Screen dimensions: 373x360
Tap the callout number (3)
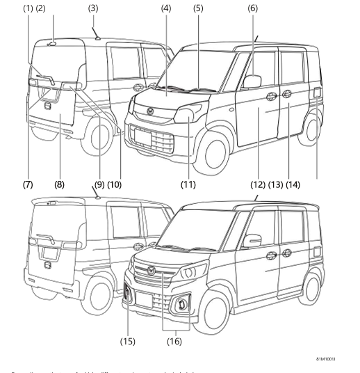pyautogui.click(x=93, y=8)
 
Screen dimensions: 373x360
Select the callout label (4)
pyautogui.click(x=165, y=8)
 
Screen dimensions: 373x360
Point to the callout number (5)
pyautogui.click(x=198, y=8)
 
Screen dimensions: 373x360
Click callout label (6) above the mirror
pyautogui.click(x=252, y=8)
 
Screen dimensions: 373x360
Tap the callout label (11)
pyautogui.click(x=188, y=184)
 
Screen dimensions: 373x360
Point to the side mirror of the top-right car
pyautogui.click(x=252, y=81)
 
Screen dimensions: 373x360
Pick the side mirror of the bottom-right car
pyautogui.click(x=251, y=240)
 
